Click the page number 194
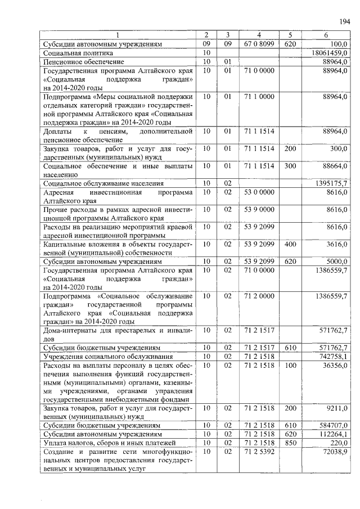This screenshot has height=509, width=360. pyautogui.click(x=344, y=21)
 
